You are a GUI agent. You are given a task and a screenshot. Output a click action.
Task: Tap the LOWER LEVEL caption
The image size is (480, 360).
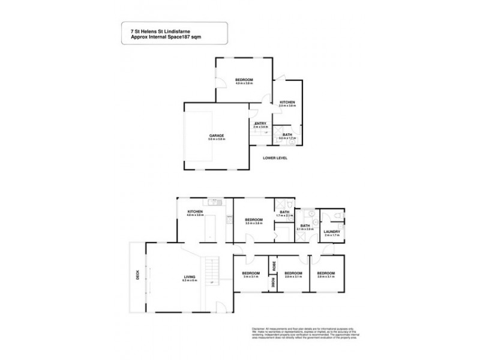pyautogui.click(x=275, y=158)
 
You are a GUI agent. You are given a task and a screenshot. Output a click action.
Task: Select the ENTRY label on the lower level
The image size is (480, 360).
pyautogui.click(x=260, y=124)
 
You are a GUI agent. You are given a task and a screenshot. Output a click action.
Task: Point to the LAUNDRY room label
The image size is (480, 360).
pyautogui.click(x=332, y=232)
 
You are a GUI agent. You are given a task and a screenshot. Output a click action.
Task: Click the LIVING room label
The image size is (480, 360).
pyautogui.click(x=190, y=277)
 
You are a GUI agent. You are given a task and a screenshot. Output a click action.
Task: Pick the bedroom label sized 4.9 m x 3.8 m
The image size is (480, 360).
pyautogui.click(x=244, y=80)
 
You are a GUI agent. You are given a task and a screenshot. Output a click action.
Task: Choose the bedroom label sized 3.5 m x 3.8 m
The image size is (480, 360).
pyautogui.click(x=254, y=220)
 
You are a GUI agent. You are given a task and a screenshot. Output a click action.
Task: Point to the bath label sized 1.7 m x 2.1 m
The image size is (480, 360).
pyautogui.click(x=284, y=212)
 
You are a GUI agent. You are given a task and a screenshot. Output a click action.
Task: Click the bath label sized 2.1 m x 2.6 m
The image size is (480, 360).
pyautogui.click(x=305, y=226)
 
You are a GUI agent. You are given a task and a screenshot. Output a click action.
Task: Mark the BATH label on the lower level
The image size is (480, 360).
pyautogui.click(x=287, y=134)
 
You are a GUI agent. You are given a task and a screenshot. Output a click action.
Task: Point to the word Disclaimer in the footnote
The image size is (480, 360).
pyautogui.click(x=257, y=329)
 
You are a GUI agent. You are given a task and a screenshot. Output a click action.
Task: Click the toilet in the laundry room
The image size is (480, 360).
pyautogui.click(x=339, y=215)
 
